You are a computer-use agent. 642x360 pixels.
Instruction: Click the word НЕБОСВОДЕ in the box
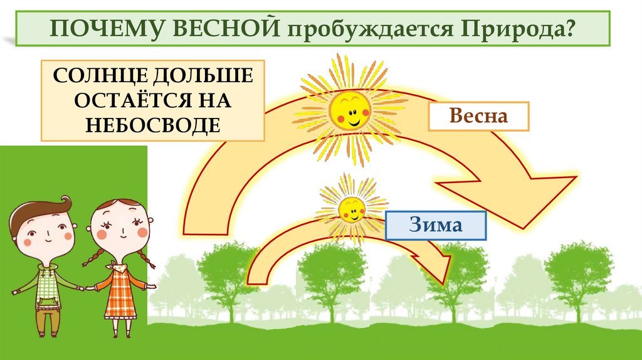[x=153, y=125]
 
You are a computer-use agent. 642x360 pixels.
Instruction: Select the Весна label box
[x=478, y=117]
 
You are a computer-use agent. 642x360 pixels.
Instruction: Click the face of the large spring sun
[x=350, y=110]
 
